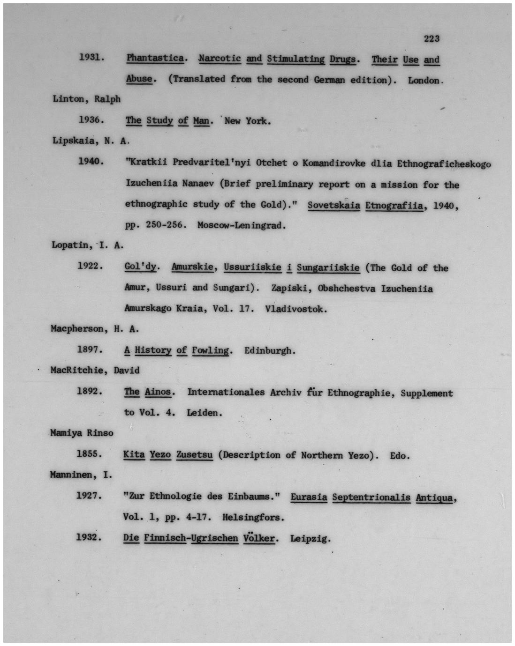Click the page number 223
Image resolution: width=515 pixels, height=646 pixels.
[432, 38]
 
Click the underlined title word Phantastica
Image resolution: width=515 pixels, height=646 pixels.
[155, 58]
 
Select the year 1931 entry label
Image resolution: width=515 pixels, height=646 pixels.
[91, 58]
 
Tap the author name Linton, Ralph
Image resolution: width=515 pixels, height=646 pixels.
[86, 99]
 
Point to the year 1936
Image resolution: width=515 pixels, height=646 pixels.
[91, 119]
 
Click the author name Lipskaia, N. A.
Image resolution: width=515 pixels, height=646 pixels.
[90, 141]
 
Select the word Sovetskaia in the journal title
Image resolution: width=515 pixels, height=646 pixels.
[333, 205]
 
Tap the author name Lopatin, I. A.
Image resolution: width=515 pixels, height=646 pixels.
[87, 245]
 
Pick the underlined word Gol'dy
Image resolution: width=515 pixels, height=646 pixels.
[140, 267]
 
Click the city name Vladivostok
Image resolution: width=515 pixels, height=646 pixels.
[295, 309]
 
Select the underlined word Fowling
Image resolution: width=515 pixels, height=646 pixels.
[210, 350]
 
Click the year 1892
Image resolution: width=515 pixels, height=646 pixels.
[90, 391]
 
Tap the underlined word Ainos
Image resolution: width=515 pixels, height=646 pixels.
[158, 392]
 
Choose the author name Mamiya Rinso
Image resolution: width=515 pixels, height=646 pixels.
[82, 433]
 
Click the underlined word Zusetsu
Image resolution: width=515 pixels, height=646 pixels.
[194, 454]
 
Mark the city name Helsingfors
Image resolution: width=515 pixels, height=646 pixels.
[253, 518]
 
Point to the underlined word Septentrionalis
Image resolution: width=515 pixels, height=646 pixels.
[371, 497]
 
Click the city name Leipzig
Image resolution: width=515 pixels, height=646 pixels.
[310, 538]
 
